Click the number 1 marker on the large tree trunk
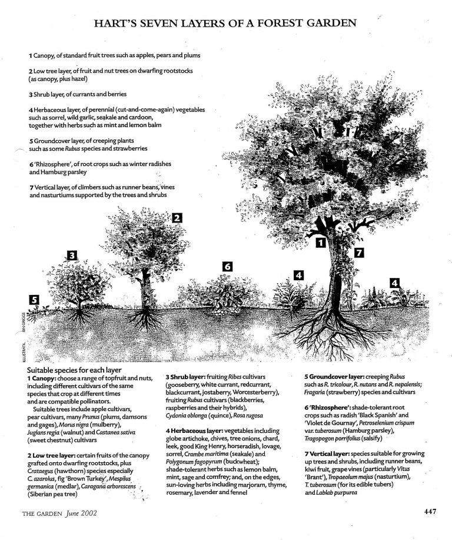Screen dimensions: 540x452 tap(321, 242)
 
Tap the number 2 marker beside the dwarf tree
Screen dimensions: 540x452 tap(176, 217)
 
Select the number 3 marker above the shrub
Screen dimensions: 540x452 tap(72, 255)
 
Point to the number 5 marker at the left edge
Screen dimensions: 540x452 tap(35, 300)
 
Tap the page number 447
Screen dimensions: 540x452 tap(430, 511)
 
